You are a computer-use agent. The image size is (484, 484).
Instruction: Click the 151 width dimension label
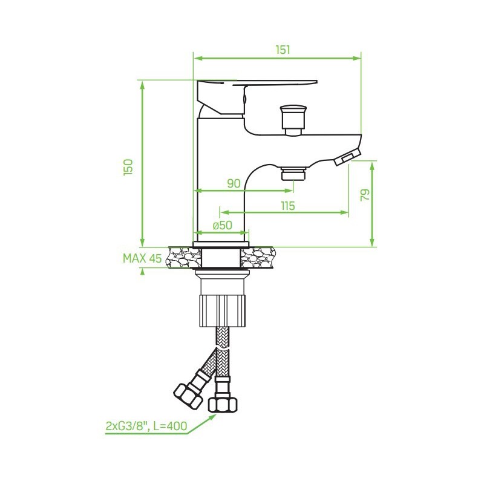(283, 50)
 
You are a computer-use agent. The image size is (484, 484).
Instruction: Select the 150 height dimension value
(128, 168)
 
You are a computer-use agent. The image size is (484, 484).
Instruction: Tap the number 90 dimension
(234, 183)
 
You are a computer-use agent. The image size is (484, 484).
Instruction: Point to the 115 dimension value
(288, 206)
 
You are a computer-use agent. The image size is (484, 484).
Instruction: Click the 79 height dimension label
(365, 195)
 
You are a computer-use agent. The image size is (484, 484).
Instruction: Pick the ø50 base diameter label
(222, 225)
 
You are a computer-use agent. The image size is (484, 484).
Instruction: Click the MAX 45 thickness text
(142, 258)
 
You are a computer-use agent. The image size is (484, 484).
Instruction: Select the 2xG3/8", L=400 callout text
(146, 426)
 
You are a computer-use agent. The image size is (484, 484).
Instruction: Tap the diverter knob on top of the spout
(293, 120)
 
